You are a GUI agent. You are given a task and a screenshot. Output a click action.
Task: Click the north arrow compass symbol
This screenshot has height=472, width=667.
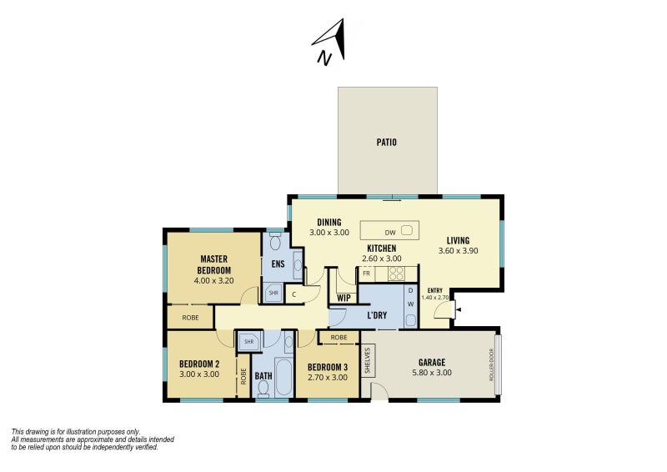(x=328, y=43)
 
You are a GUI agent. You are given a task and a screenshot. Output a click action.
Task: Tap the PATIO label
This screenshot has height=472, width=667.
(x=386, y=142)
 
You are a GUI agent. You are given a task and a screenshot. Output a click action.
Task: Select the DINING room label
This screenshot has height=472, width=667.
(x=328, y=222)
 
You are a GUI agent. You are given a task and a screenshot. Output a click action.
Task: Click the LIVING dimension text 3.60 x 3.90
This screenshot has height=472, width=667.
(x=458, y=251)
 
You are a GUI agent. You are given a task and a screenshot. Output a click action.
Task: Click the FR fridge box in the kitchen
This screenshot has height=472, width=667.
(x=366, y=273)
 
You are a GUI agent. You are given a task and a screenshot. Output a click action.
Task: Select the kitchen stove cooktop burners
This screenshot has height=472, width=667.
(x=396, y=273)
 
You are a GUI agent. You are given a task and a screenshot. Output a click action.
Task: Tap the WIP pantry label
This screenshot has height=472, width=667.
(x=343, y=297)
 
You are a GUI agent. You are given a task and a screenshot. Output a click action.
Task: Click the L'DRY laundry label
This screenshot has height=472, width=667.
(x=378, y=315)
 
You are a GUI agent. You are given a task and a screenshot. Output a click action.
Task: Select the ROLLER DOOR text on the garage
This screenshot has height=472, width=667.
(x=492, y=365)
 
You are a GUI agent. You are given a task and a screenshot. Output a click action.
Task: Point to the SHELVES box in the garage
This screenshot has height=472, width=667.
(x=367, y=360)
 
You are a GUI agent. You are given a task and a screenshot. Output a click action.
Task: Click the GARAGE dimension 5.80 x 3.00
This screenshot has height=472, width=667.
(x=432, y=374)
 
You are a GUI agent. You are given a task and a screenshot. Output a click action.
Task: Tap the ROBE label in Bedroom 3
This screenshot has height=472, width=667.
(x=339, y=338)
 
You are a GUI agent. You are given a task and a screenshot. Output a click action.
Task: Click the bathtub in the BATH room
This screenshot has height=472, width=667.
(x=283, y=378)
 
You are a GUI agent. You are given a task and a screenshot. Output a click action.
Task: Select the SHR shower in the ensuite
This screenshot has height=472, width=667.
(x=273, y=293)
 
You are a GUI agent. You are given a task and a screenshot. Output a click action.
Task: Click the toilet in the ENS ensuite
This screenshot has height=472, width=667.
(x=275, y=242)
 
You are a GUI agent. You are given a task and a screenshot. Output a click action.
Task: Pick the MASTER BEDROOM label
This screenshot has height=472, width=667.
(x=213, y=264)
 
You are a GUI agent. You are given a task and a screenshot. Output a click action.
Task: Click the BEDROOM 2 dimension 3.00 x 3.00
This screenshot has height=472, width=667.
(x=199, y=374)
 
